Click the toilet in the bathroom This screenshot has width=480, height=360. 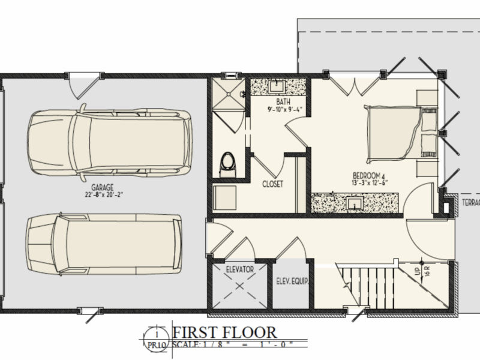(x=227, y=163)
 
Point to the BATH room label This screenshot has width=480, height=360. (x=278, y=103)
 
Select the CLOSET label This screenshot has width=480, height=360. (x=272, y=184)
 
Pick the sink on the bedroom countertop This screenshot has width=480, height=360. (x=354, y=203)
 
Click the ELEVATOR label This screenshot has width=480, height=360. (x=238, y=269)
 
